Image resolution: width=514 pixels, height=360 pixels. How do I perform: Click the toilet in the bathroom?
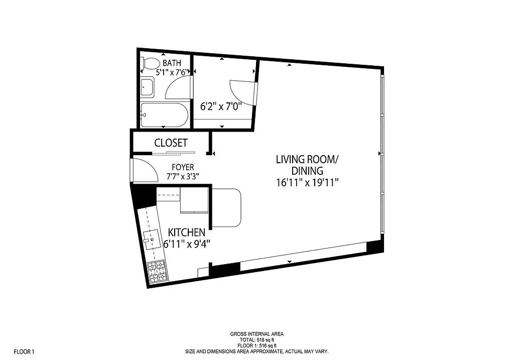150,64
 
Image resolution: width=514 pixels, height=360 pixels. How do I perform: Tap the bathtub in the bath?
164,115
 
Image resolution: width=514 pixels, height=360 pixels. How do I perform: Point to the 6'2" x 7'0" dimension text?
221,106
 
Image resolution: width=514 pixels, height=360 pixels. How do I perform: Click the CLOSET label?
171,143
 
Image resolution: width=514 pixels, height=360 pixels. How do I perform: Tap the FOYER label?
183,167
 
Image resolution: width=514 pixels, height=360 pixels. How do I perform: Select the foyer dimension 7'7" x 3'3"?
183,176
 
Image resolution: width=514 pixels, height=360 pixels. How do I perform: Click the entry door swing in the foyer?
143,171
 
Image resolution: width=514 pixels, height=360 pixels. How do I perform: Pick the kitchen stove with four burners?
157,271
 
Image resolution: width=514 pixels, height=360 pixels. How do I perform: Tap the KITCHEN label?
186,232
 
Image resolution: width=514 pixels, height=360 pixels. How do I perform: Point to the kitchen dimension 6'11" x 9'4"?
186,244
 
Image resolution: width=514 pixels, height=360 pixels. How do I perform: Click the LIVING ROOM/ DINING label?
307,165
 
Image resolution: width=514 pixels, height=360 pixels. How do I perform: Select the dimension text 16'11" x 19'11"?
307,183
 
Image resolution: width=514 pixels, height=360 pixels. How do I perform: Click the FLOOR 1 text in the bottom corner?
24,351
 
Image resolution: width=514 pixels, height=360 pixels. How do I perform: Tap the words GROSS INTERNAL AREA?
256,334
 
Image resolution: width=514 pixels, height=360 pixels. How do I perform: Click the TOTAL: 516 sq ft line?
256,340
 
